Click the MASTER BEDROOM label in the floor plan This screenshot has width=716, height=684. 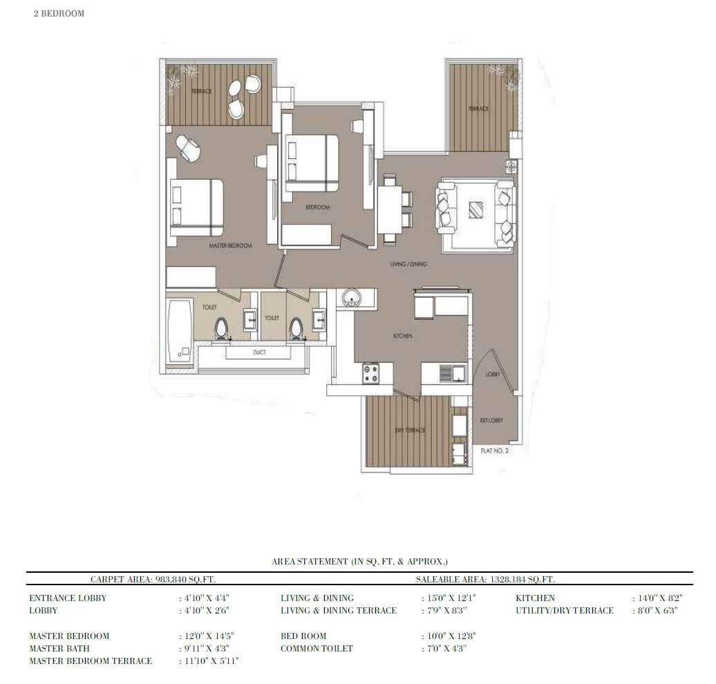coord(231,245)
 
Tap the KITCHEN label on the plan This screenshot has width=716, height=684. coord(403,336)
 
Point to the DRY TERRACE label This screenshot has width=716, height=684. coord(410,430)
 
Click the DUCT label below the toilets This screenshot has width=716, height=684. coord(260,352)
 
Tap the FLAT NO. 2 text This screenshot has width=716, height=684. coord(494,450)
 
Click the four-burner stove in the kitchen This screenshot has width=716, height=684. coord(372,374)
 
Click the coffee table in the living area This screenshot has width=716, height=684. coord(476,210)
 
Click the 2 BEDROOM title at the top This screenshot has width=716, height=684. coord(59,13)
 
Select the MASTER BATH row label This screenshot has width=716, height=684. coord(59,649)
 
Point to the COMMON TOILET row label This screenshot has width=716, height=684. coord(317,649)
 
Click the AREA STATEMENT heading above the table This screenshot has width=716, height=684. coord(359,562)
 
